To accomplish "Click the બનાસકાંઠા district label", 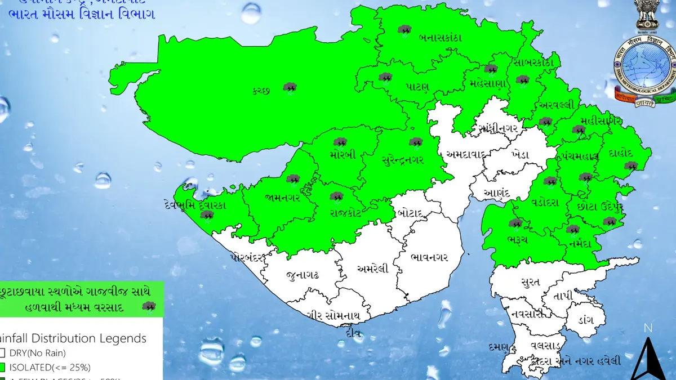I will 440,38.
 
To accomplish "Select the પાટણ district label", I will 417,87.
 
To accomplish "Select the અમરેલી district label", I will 372,269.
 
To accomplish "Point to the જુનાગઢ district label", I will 303,275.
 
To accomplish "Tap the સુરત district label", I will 531,281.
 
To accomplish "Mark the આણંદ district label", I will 496,194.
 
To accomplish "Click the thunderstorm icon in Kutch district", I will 290,87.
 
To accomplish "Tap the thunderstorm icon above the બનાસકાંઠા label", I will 403,29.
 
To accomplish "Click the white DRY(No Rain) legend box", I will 3,353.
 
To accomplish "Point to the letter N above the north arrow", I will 648,328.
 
